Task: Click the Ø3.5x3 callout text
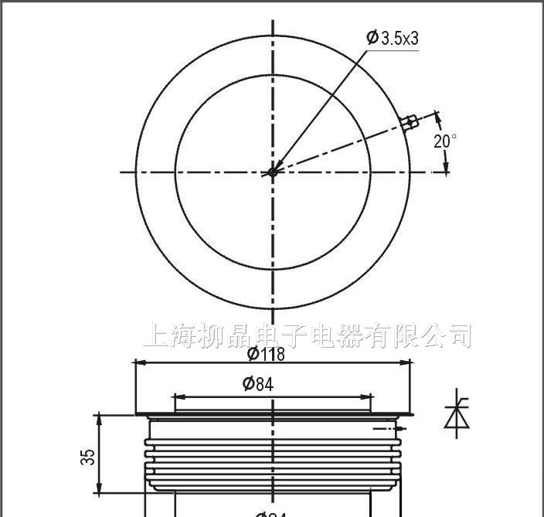393,37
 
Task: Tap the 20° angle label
444,141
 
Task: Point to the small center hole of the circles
272,172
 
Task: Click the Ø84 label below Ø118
257,383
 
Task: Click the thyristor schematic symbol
453,416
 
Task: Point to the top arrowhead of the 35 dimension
98,418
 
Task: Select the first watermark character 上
157,336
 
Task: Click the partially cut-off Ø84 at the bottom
272,513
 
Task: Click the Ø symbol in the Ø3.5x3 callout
372,37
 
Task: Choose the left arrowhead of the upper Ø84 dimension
178,396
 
